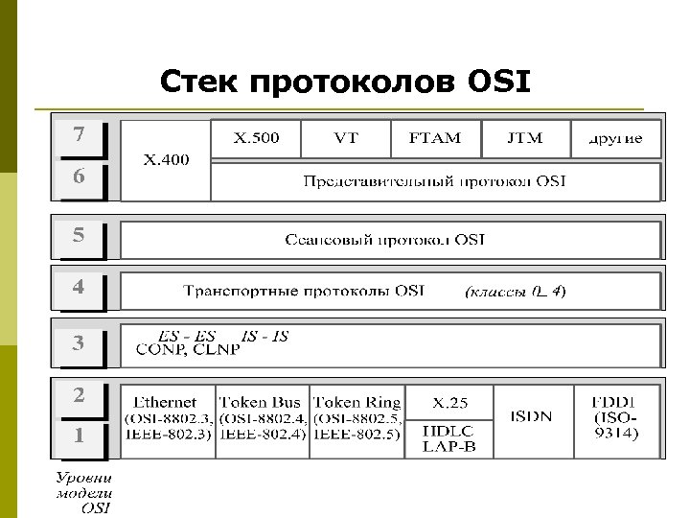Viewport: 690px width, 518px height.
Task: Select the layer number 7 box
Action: pos(80,136)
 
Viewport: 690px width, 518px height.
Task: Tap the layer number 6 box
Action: pos(80,177)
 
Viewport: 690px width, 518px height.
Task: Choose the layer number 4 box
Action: pos(80,288)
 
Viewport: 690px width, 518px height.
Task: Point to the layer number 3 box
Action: pos(80,342)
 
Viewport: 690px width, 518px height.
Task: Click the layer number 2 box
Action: pos(80,395)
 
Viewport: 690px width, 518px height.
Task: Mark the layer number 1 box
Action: pos(80,436)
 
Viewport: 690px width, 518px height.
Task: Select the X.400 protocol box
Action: pos(166,159)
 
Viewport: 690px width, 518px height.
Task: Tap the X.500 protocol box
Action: pos(257,138)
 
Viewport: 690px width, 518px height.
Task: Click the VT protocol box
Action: pos(346,138)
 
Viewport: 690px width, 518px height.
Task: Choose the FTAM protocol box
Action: pos(434,138)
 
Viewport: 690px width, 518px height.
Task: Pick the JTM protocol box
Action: pos(524,138)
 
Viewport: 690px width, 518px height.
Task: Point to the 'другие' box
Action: pos(615,138)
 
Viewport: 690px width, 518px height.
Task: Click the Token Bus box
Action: pos(263,418)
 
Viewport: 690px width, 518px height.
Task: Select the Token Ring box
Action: pos(356,418)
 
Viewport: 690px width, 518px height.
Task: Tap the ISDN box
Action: pos(533,418)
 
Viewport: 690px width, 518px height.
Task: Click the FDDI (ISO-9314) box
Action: pos(616,418)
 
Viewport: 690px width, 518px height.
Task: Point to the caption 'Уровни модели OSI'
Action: pos(82,493)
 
